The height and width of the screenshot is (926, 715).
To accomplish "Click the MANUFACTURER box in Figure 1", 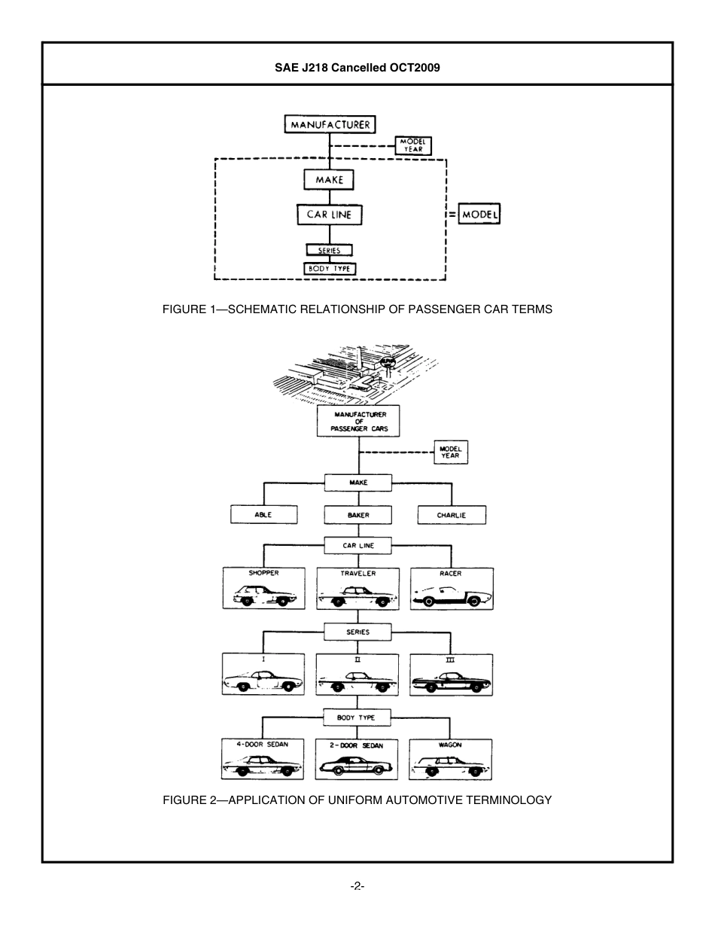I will [330, 124].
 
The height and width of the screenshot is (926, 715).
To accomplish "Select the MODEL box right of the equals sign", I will [479, 215].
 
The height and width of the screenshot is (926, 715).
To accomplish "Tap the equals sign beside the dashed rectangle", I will [452, 215].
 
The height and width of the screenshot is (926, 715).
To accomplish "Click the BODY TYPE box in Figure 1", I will [329, 269].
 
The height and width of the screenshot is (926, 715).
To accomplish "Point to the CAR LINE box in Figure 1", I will [329, 215].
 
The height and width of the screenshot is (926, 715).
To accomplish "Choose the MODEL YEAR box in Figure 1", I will [413, 145].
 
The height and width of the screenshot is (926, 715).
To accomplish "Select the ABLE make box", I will [263, 515].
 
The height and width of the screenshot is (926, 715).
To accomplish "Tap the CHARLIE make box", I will [452, 515].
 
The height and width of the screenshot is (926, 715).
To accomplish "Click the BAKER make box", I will [358, 515].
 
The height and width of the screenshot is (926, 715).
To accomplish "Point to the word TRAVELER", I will [358, 574].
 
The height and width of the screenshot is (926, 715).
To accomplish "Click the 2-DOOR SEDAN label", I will [357, 745].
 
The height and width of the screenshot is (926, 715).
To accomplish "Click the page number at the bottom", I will [357, 886].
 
